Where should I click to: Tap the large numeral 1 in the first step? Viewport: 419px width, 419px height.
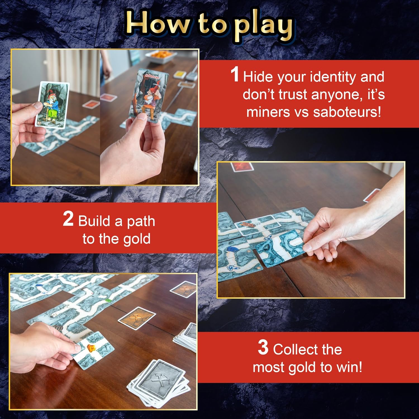coord(235,75)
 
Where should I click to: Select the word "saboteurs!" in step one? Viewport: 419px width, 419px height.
coord(347,112)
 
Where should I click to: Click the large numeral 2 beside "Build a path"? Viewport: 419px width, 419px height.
coord(68,219)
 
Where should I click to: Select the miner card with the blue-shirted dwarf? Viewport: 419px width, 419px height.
coord(52,105)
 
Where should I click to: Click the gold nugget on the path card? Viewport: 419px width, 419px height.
coord(91,348)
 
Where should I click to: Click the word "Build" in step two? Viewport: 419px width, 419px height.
coord(94,221)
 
